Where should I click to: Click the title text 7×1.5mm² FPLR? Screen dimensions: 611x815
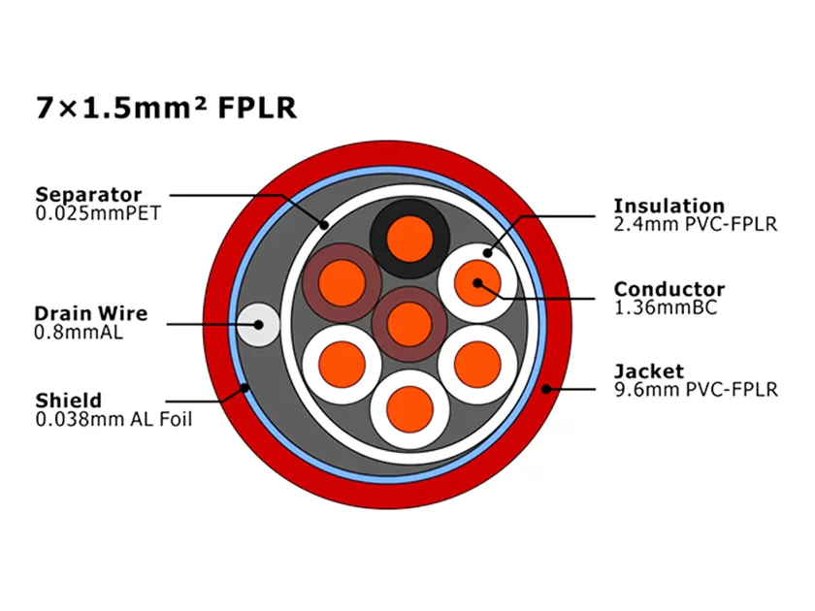165,108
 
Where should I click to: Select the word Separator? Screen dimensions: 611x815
88,195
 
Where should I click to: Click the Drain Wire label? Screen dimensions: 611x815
91,313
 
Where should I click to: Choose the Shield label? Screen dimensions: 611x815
69,401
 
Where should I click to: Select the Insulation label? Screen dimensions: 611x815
668,206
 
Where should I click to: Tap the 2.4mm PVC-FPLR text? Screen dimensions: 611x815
695,224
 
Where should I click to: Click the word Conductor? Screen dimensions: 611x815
668,289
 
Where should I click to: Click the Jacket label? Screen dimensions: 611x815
648,371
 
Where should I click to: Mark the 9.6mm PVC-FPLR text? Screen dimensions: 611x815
695,390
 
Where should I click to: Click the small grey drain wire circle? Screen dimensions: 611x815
259,324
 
